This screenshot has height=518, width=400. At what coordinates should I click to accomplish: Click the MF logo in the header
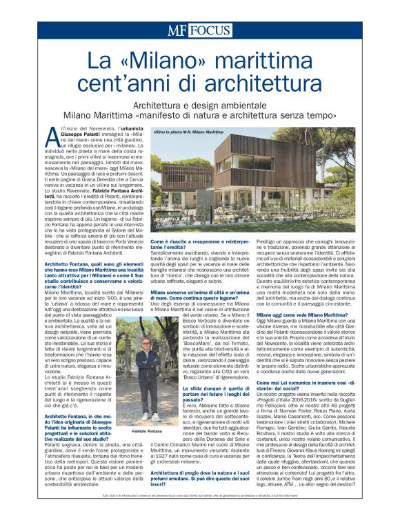coord(177,30)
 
